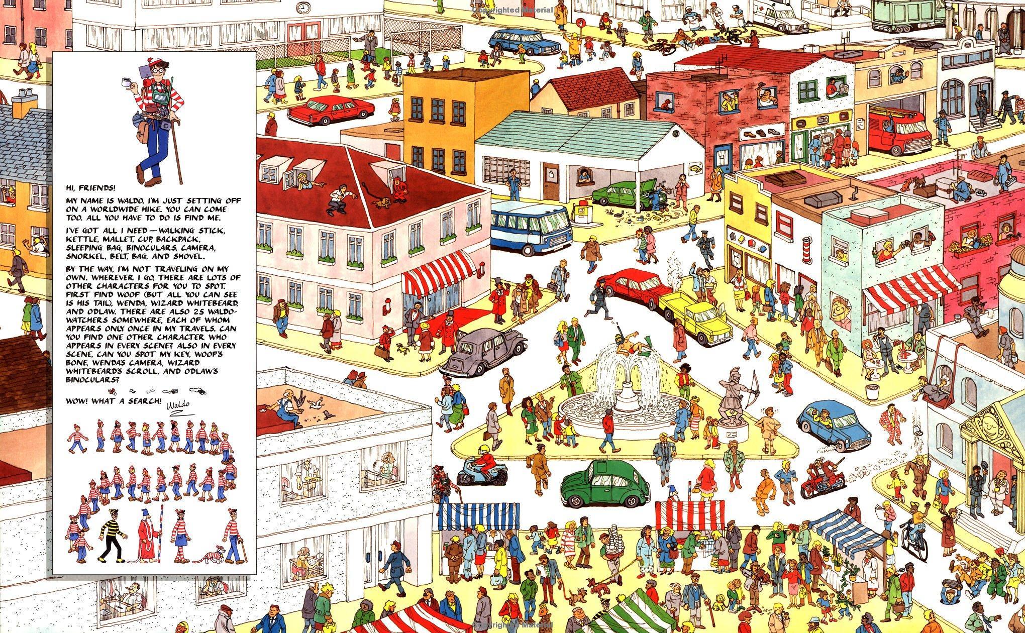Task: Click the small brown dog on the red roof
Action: [x=382, y=203]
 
